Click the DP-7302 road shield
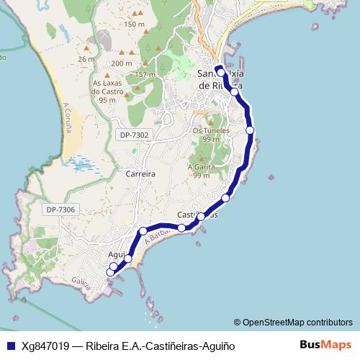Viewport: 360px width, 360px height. pos(134,135)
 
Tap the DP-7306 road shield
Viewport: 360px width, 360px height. pos(60,210)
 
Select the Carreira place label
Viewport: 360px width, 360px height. pos(140,174)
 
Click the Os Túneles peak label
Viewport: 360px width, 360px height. pos(210,135)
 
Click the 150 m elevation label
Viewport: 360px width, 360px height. pos(134,24)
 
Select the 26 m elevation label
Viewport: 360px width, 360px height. pos(86,59)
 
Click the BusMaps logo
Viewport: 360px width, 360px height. pos(325,345)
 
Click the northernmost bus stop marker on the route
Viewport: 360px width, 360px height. pos(221,73)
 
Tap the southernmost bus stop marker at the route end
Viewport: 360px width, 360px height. pos(110,272)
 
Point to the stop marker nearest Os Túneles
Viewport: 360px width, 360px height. pos(250,130)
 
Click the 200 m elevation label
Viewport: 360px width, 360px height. pos(122,63)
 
